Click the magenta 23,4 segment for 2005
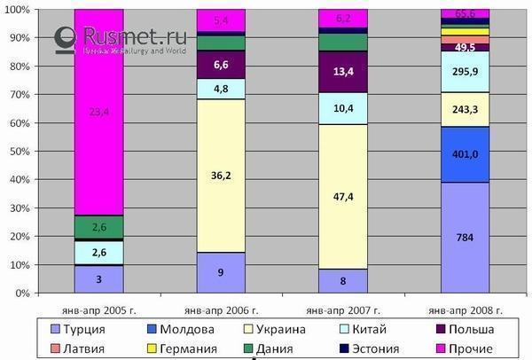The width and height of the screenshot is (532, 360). pos(98,112)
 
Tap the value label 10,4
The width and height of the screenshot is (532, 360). pos(343,107)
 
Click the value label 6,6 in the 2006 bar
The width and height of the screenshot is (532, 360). pos(221,64)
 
